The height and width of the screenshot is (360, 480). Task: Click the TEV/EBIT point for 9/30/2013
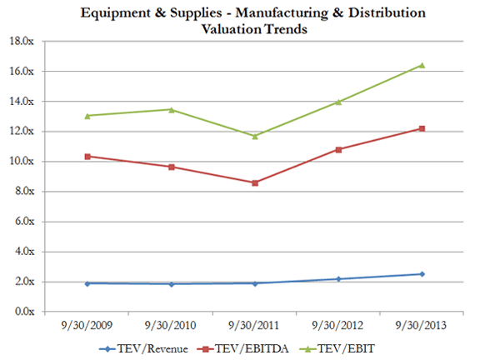[x=422, y=65]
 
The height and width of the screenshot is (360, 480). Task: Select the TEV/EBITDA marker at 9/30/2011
[x=255, y=182]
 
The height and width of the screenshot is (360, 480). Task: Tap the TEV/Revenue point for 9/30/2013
[x=422, y=274]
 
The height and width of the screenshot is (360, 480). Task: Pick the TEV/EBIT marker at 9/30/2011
[x=255, y=136]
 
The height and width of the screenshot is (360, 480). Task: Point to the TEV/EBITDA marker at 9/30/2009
[x=87, y=156]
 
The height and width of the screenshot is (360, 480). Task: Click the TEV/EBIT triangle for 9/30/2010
[x=172, y=109]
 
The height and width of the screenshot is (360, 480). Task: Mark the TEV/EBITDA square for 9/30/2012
[x=338, y=149]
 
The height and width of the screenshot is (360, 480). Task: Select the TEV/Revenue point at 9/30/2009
[x=87, y=283]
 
